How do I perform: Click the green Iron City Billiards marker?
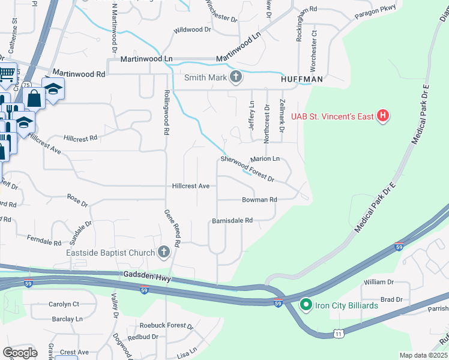[x=306, y=305]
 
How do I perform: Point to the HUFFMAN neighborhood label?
[x=302, y=79]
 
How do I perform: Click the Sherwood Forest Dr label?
[x=247, y=169]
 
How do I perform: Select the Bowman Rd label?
[x=259, y=199]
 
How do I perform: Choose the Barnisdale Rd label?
[x=232, y=221]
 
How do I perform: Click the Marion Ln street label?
[x=265, y=158]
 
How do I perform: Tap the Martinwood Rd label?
[x=79, y=73]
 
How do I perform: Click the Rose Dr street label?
[x=77, y=200]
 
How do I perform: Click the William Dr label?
[x=378, y=281]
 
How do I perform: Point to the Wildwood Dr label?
[x=193, y=29]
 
